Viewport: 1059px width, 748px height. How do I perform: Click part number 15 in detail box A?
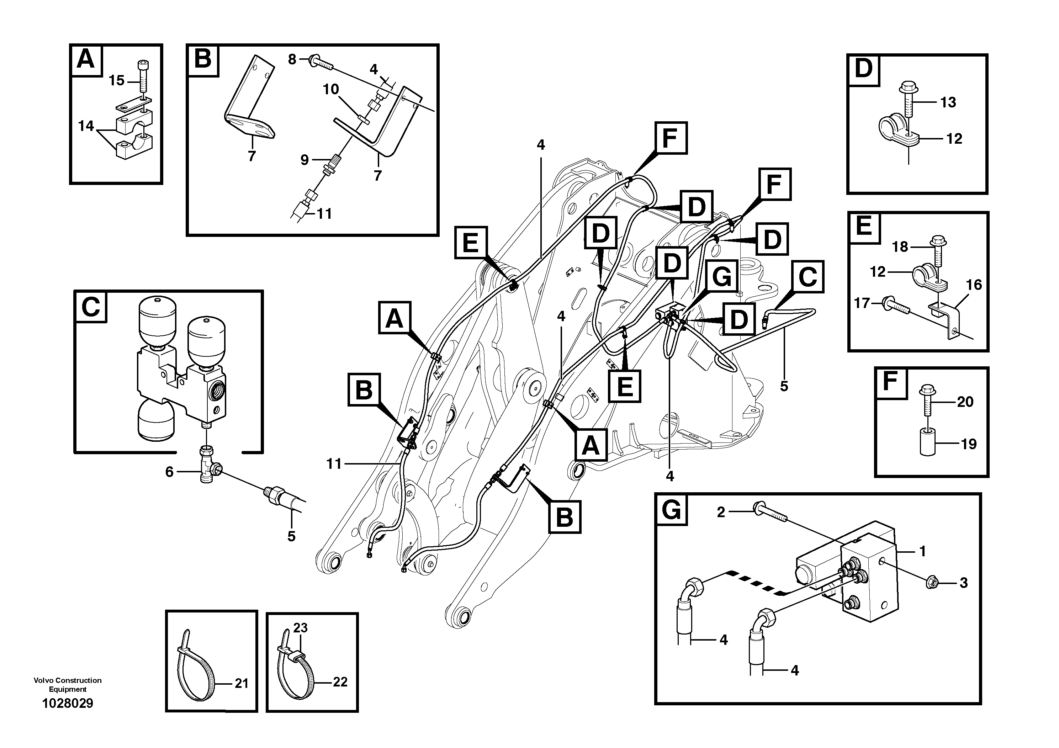pyautogui.click(x=116, y=81)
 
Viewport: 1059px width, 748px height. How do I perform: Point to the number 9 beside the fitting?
pyautogui.click(x=305, y=160)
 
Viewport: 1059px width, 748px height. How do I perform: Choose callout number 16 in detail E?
pyautogui.click(x=974, y=285)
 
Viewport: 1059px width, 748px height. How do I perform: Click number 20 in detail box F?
pyautogui.click(x=965, y=402)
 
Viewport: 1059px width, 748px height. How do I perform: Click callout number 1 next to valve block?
pyautogui.click(x=922, y=551)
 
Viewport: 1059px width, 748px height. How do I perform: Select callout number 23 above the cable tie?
pyautogui.click(x=300, y=628)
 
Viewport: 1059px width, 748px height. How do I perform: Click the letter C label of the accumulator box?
pyautogui.click(x=90, y=307)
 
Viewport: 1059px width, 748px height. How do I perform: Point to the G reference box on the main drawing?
pyautogui.click(x=721, y=277)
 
